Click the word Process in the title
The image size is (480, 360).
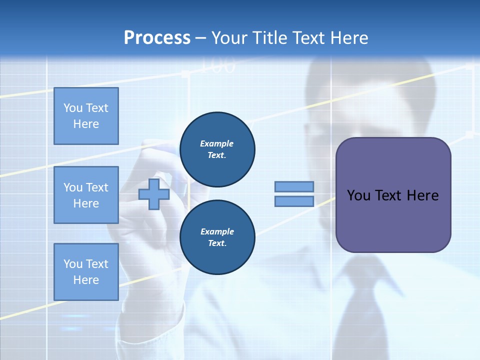tap(157, 38)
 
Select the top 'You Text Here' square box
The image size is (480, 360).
tap(86, 116)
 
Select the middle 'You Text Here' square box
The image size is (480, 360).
tap(86, 195)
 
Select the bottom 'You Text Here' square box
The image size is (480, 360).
tap(86, 271)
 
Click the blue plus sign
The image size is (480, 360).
tap(153, 194)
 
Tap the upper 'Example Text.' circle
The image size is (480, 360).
tap(217, 149)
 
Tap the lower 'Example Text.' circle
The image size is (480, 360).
tap(217, 237)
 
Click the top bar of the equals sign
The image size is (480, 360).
tap(294, 187)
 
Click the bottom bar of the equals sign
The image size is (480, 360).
tap(294, 201)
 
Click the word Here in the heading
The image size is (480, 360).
tap(348, 38)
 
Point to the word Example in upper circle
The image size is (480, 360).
tap(216, 143)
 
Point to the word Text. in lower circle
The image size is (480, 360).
tap(217, 243)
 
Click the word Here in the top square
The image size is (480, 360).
tap(86, 124)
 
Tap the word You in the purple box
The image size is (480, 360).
tap(359, 195)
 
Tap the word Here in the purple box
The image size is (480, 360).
tap(422, 195)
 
